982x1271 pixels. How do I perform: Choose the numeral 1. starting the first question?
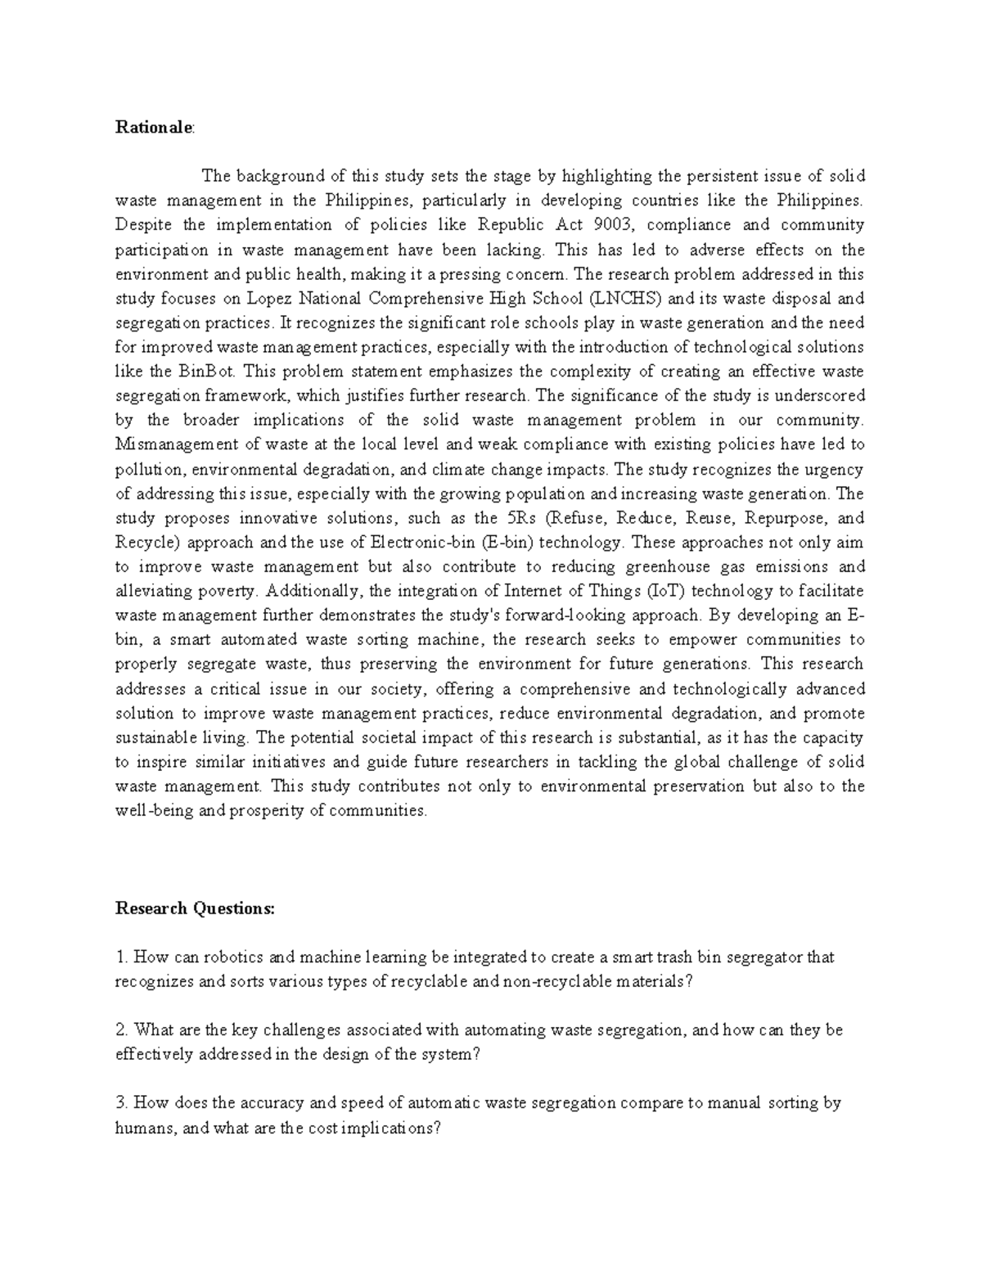point(122,957)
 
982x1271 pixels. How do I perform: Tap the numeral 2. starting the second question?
point(122,1030)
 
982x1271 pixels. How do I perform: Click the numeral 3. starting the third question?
point(122,1103)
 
